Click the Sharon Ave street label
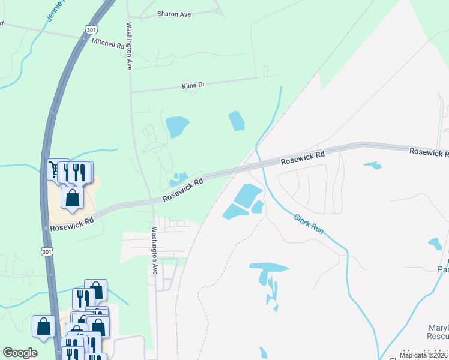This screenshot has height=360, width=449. tap(173, 14)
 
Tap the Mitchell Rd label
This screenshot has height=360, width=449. tap(107, 43)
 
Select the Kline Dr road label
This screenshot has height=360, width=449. tap(193, 85)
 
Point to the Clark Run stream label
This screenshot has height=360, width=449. tap(309, 224)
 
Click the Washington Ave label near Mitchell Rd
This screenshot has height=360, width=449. tap(128, 47)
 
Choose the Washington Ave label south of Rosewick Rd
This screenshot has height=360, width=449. tap(154, 250)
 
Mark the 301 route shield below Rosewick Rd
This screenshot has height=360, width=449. tap(47, 251)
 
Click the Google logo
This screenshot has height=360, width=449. tap(20, 353)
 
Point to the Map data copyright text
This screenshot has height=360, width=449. tap(423, 355)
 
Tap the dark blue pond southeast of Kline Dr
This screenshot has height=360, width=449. tap(237, 121)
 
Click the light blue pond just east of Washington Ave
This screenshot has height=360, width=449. tap(177, 126)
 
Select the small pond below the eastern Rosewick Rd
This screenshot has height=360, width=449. tap(373, 165)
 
